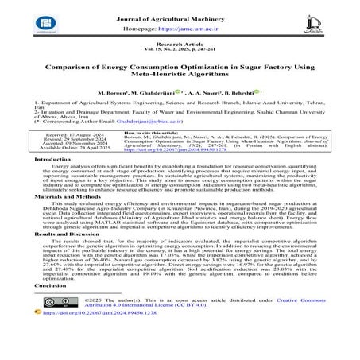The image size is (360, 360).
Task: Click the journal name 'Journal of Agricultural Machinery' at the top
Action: point(180,8)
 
